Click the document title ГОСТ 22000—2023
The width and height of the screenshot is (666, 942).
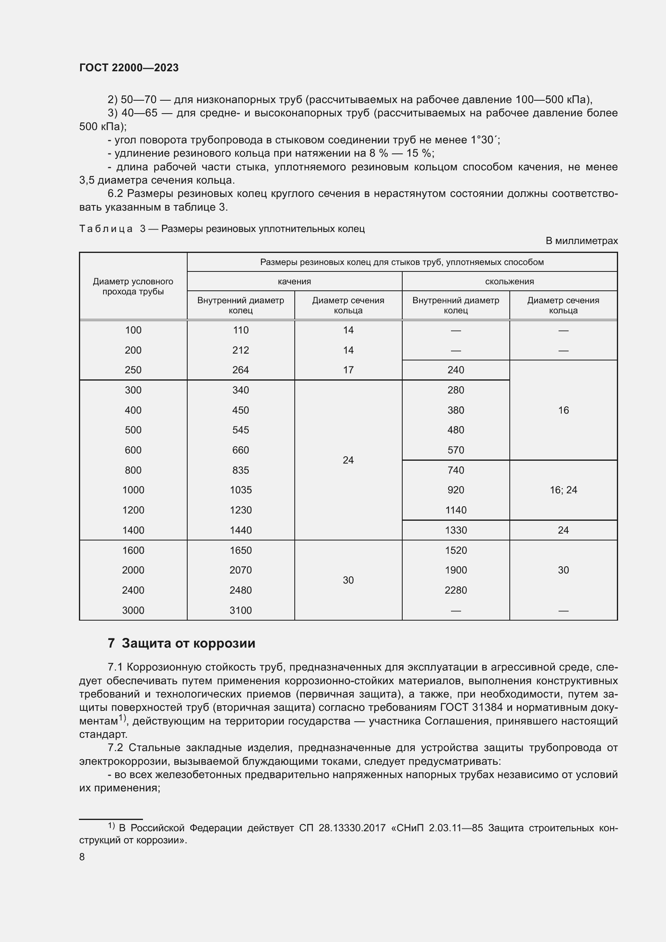click(129, 68)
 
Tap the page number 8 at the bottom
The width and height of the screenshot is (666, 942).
click(82, 857)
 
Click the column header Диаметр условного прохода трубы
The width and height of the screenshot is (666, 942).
click(133, 286)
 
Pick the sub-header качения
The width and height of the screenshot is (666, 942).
click(294, 282)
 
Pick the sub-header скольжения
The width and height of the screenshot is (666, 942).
click(509, 282)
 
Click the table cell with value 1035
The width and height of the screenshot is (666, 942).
click(241, 490)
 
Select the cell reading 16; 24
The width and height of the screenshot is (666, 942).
click(563, 490)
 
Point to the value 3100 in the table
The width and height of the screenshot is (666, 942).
click(241, 610)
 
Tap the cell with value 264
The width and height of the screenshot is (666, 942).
click(241, 370)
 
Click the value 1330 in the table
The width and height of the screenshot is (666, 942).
click(456, 530)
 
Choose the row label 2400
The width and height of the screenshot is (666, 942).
click(133, 590)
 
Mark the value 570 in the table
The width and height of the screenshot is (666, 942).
click(456, 450)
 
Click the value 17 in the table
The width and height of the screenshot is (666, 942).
click(348, 370)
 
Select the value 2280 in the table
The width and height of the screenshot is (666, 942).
click(456, 590)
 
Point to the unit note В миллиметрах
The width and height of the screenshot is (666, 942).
click(581, 241)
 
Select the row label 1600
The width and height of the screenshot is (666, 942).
click(133, 550)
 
